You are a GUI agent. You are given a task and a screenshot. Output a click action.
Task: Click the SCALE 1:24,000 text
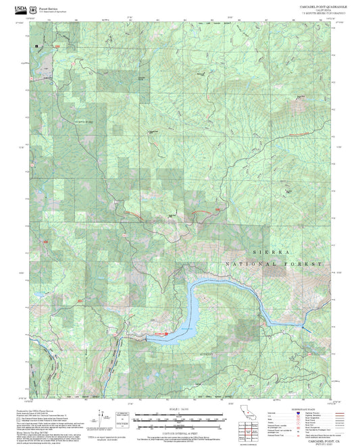click(180, 409)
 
